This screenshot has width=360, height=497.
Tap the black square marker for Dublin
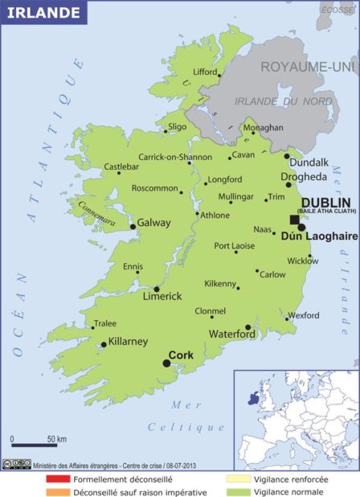pos(295,219)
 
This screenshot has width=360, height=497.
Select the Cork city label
pos(182,355)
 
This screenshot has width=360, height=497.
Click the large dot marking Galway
pos(133,227)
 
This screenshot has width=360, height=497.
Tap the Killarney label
pos(128,341)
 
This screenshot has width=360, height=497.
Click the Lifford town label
pos(205,72)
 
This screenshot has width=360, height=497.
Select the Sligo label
pos(178,127)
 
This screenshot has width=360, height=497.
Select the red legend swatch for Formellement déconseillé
pos(57,479)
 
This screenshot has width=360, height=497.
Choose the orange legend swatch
pos(57,492)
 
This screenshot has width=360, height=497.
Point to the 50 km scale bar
pos(33,444)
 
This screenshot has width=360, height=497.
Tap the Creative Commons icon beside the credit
pos(15,464)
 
